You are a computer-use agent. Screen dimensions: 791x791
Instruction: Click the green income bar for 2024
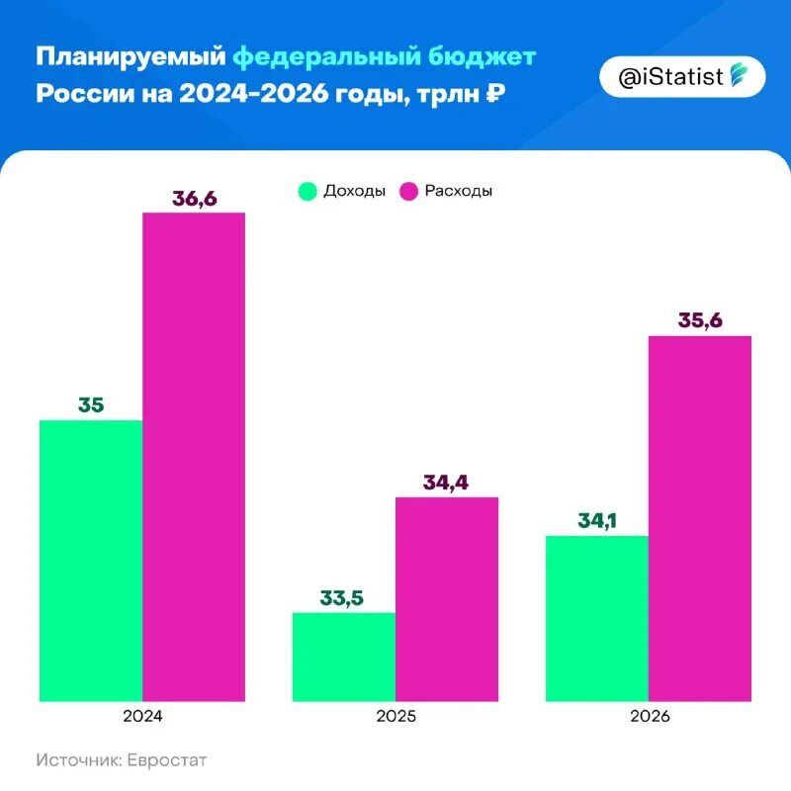point(91,561)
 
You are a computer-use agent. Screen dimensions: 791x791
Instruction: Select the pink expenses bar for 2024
point(194,457)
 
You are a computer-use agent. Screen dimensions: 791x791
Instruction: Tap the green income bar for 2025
point(344,657)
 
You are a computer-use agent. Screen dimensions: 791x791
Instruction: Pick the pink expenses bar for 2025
point(447,599)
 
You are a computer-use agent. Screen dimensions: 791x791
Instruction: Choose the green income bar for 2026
point(597,618)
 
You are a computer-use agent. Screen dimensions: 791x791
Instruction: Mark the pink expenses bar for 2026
point(700,519)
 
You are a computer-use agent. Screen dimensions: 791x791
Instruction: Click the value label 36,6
point(194,198)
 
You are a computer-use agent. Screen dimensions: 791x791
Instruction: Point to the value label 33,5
point(343,597)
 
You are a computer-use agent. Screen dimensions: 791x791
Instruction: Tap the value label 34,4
point(446,482)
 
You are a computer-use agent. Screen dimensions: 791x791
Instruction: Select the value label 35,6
point(700,320)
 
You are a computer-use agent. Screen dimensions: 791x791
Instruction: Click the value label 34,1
point(597,520)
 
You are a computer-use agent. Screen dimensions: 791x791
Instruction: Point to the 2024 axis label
point(142,716)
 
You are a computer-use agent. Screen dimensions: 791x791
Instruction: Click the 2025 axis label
point(395,716)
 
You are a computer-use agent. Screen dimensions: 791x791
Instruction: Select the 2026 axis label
point(649,716)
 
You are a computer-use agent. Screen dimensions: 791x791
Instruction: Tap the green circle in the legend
point(308,191)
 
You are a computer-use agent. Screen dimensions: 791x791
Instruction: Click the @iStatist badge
point(683,76)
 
